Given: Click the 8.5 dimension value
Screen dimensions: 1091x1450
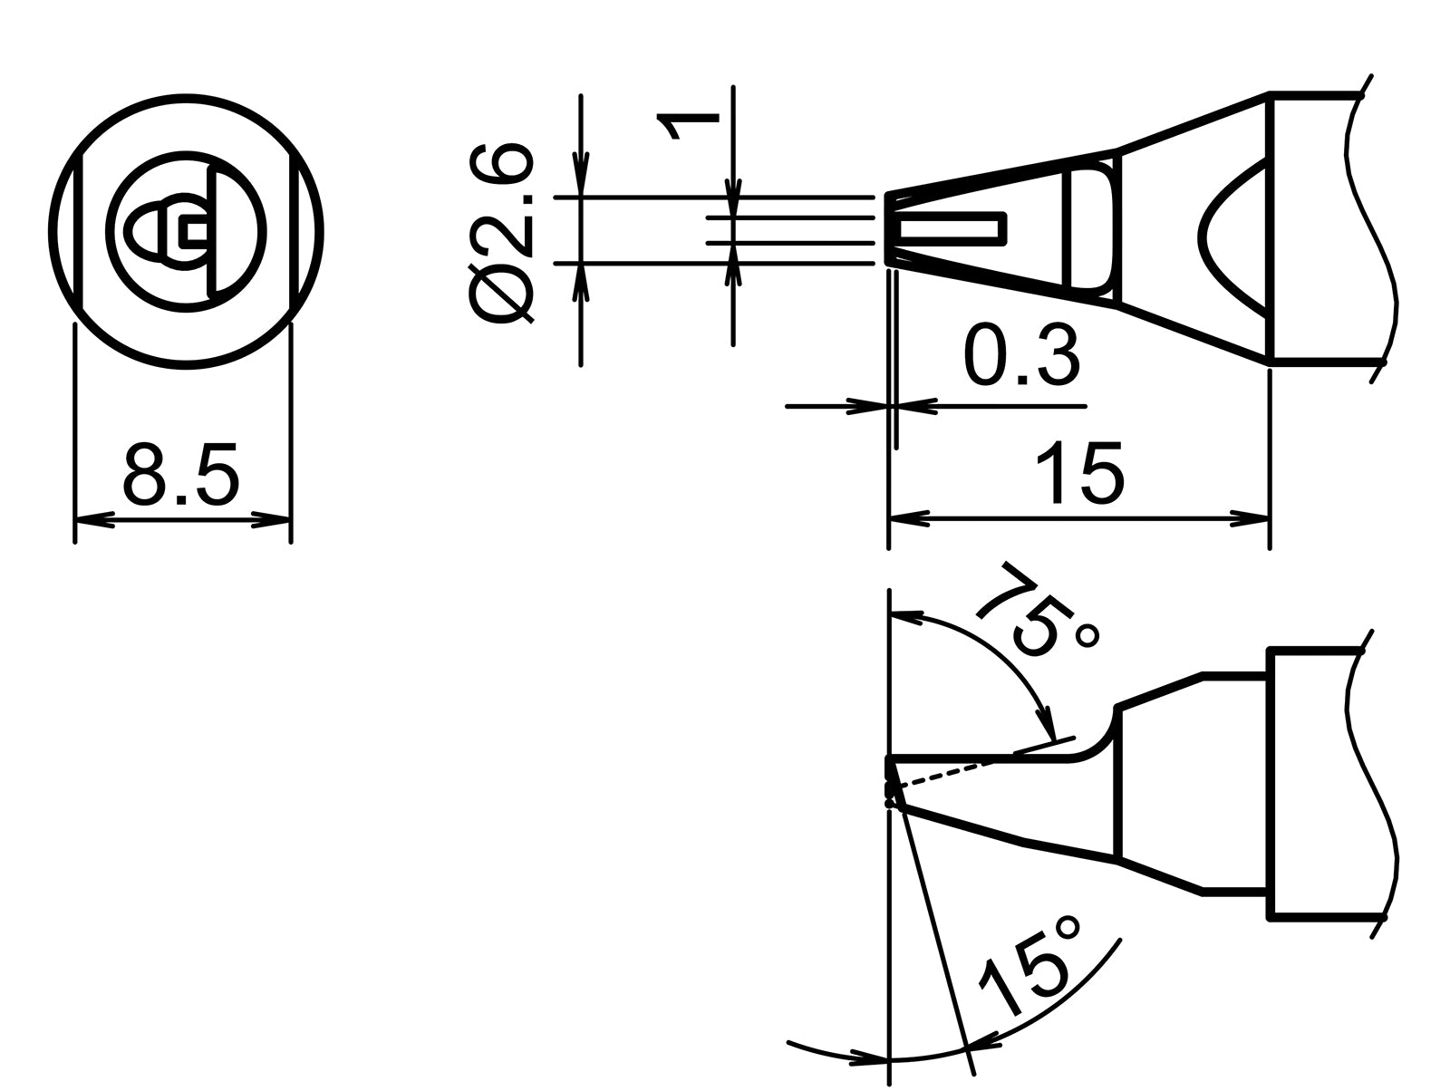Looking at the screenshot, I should pyautogui.click(x=181, y=475).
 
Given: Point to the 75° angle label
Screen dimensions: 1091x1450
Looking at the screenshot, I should pyautogui.click(x=1040, y=609).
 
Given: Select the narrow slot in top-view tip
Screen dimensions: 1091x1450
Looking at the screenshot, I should pyautogui.click(x=952, y=229).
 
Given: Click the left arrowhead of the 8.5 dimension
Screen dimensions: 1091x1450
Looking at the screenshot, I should pyautogui.click(x=91, y=521).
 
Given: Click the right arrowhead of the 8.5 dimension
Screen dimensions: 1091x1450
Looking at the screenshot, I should pyautogui.click(x=274, y=521).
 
